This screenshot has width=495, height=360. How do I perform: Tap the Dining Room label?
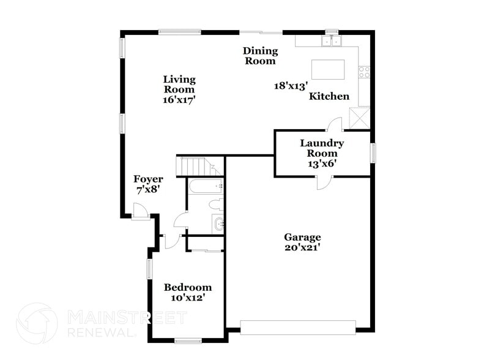260,56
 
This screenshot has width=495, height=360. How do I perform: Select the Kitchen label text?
329,97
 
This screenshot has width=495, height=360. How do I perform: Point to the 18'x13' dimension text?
290,86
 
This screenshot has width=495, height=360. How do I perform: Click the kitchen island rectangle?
328,69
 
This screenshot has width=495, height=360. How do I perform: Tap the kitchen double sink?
332,41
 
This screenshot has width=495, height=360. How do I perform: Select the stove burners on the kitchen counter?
364,72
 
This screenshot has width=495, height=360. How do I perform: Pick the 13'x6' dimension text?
322,163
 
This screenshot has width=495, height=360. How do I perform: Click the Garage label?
302,238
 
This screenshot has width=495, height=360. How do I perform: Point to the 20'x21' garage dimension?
302,248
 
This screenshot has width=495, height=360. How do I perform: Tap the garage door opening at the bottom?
298,327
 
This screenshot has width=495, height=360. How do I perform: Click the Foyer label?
148,179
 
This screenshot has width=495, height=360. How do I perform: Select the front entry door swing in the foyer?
140,211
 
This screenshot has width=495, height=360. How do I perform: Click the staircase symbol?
195,166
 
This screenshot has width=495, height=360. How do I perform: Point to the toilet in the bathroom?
215,204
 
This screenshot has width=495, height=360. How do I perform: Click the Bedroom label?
188,288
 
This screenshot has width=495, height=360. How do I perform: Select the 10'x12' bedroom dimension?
188,298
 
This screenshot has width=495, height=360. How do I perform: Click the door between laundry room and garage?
322,181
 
